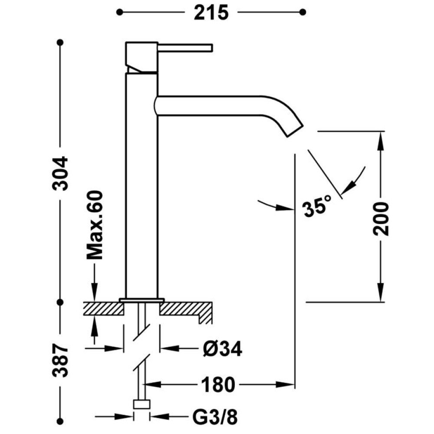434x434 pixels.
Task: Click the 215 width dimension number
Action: [x=211, y=13]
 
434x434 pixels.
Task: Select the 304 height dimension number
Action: [x=60, y=174]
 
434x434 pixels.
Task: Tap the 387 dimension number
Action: [x=60, y=361]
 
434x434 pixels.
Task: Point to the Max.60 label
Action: [x=95, y=225]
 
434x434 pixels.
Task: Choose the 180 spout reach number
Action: [x=218, y=385]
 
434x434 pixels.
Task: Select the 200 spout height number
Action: [x=381, y=219]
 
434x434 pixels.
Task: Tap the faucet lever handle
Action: [x=185, y=48]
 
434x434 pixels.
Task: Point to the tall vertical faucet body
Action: [x=142, y=185]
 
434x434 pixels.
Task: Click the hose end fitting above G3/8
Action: [x=142, y=404]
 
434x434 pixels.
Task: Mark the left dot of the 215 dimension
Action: [x=120, y=12]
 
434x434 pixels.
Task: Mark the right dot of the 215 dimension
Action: [x=303, y=12]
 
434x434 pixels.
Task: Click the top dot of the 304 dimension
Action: [x=60, y=43]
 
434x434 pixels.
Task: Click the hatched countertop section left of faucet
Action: [x=104, y=309]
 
